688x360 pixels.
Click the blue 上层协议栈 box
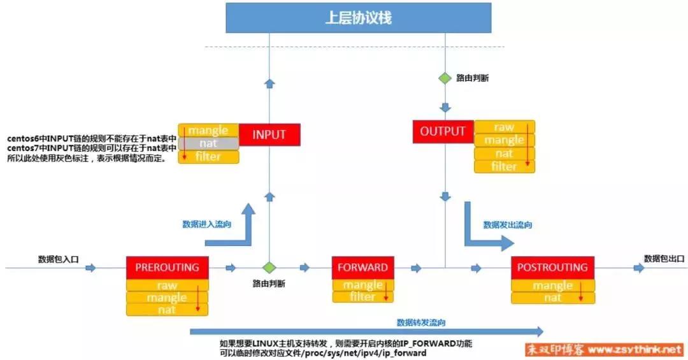358,18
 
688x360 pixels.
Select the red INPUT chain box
269,135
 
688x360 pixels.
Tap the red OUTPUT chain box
443,132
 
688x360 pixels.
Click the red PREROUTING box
167,268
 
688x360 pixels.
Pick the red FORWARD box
363,268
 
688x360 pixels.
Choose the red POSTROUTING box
553,268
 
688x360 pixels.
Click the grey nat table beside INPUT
208,143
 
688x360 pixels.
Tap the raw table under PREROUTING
167,285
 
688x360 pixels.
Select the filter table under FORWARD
363,297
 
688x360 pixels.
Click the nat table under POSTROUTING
553,298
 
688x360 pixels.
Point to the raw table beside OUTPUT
505,127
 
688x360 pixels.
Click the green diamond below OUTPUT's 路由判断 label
445,78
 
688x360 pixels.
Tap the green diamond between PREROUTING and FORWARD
269,268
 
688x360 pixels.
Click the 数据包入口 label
59,259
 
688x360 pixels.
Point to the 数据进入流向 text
206,224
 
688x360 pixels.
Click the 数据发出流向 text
508,225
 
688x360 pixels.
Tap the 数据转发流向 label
421,322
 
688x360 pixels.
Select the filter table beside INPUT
208,157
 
